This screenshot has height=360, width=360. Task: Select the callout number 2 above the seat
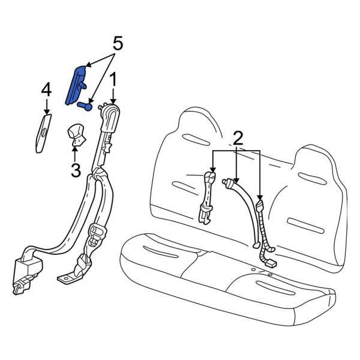(237, 139)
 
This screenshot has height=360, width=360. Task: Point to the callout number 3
(76, 170)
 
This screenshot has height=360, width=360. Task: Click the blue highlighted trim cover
(77, 84)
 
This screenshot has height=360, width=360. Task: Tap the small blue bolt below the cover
(85, 106)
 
